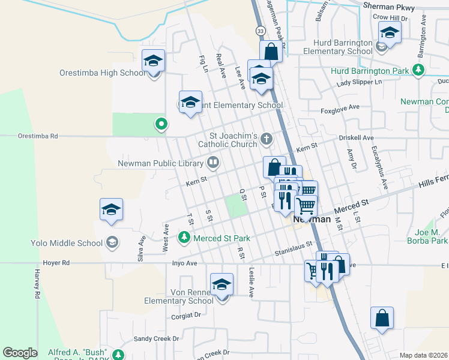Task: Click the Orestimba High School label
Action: (x=102, y=73)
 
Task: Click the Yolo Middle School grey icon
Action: (x=111, y=242)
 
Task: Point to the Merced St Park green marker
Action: (x=184, y=239)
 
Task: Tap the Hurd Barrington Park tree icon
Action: (x=419, y=71)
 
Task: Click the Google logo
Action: (x=20, y=353)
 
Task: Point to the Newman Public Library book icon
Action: (x=212, y=162)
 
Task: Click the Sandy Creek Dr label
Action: (x=156, y=338)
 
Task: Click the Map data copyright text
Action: (x=424, y=355)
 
